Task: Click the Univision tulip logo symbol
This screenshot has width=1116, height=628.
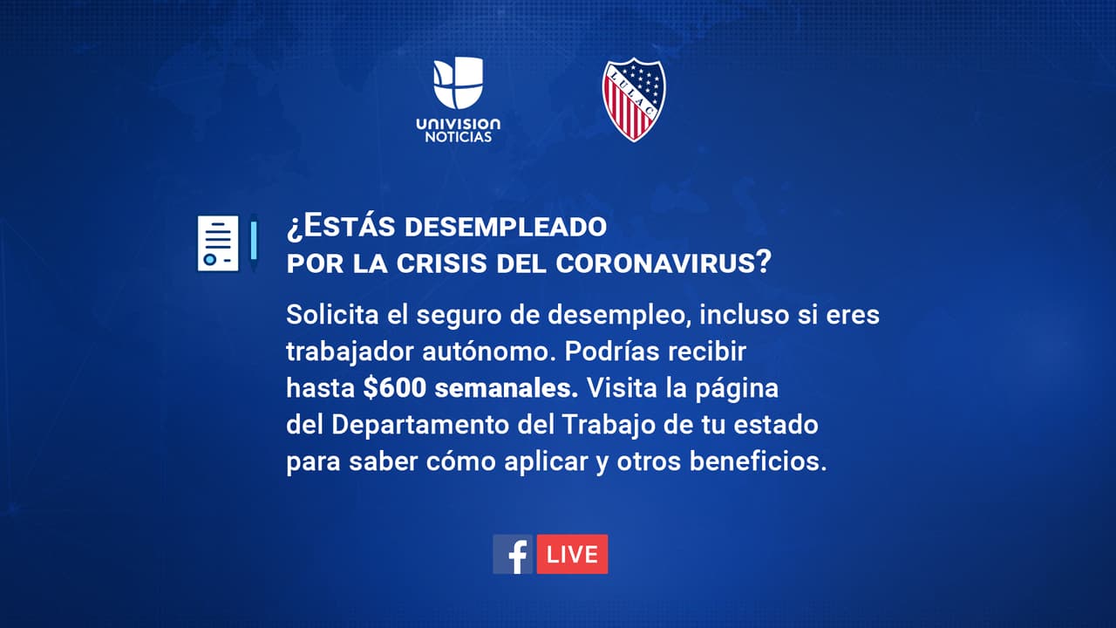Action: point(459,82)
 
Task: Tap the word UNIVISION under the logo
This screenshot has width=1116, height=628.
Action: point(459,124)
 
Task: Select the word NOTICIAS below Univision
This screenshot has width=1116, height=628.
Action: point(459,138)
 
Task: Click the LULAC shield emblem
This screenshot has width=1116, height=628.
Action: point(634,99)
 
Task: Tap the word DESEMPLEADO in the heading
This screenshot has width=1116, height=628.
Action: point(505,227)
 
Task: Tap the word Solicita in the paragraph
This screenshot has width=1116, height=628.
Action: point(325,314)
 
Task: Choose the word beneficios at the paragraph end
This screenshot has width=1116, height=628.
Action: point(757,462)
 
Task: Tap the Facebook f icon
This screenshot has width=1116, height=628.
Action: point(513,554)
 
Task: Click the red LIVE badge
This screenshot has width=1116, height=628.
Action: point(572,554)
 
